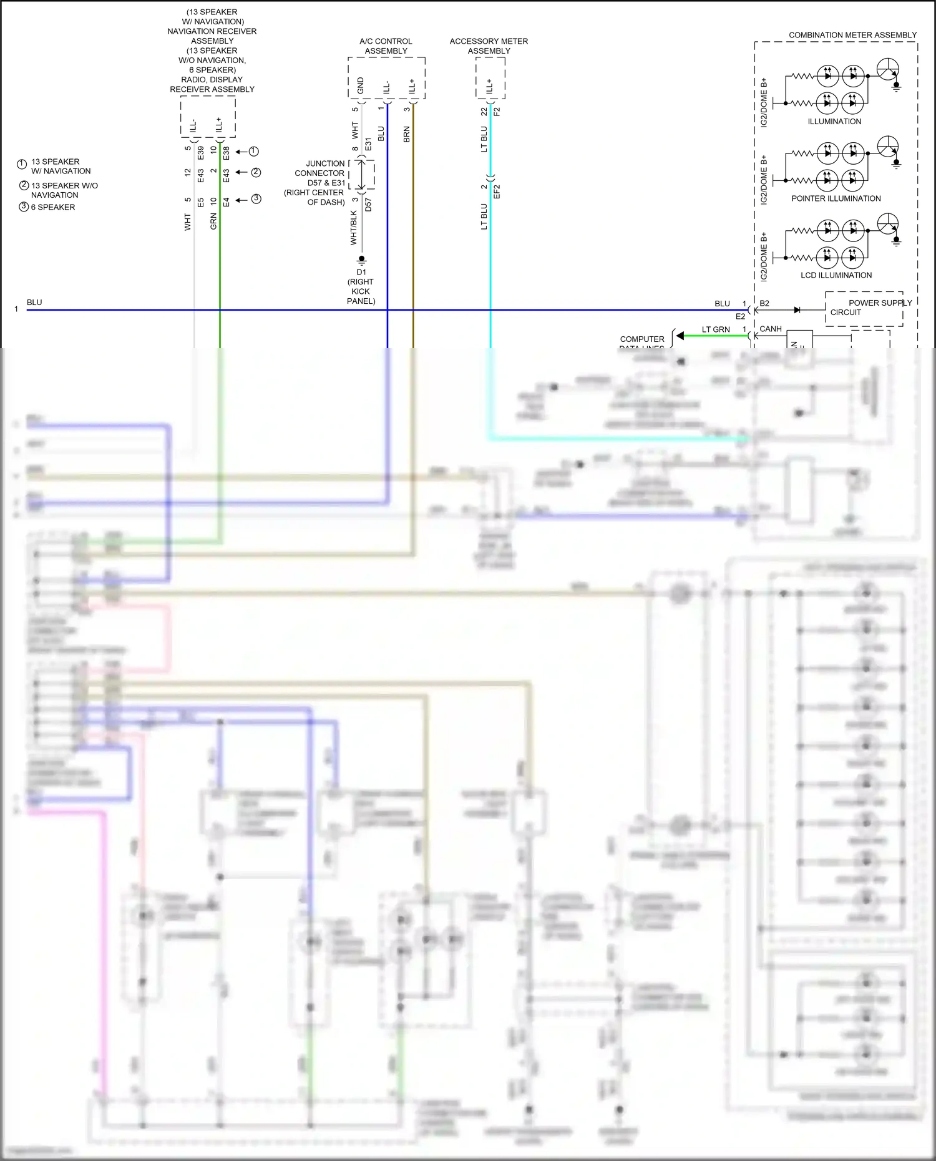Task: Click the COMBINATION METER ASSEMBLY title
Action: tap(852, 35)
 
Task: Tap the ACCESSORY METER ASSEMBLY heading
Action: tap(489, 46)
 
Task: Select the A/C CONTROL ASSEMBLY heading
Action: tap(386, 46)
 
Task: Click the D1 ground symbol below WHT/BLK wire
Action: tap(361, 259)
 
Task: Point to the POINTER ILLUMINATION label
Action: tap(836, 198)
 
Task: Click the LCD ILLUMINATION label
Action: tap(836, 275)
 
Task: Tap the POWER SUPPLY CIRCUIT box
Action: tap(864, 308)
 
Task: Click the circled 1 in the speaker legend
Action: tap(22, 165)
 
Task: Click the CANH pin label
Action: tap(771, 329)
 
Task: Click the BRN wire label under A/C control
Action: tap(407, 134)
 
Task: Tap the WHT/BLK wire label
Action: tap(354, 227)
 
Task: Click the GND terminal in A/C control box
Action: tap(361, 85)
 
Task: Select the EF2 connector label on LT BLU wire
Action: tap(497, 192)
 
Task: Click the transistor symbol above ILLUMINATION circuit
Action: tap(888, 70)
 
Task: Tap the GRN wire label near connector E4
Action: tap(213, 221)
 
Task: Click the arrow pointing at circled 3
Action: tap(241, 200)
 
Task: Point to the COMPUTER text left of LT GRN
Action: tap(641, 339)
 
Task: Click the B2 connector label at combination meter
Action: tap(764, 303)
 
